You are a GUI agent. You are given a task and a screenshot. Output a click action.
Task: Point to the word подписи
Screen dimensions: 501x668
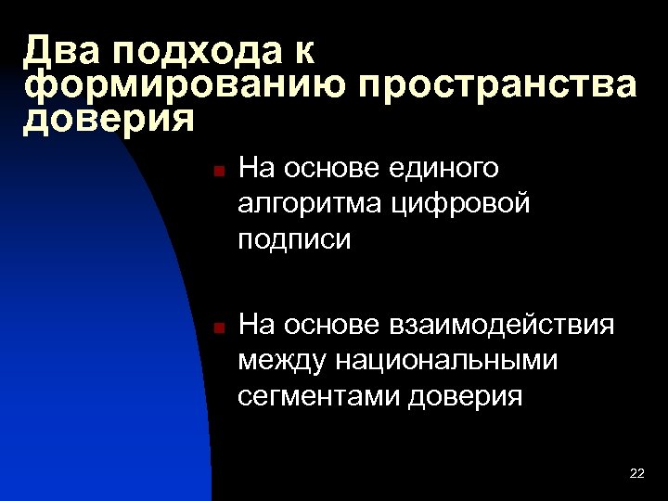(x=294, y=239)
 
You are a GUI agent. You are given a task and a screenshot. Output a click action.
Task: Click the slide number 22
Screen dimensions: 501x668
(x=636, y=474)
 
